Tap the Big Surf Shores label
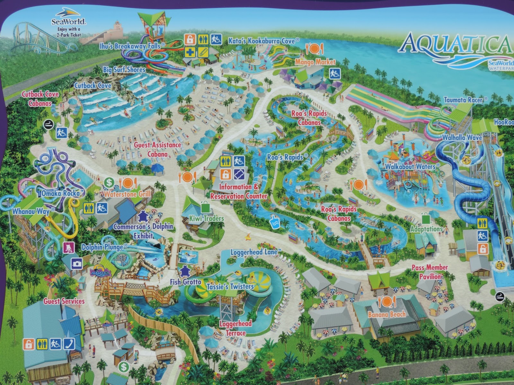click(124, 70)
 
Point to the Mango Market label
click(315, 62)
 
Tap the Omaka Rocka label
click(60, 193)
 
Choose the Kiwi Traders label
click(207, 218)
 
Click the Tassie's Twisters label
click(230, 287)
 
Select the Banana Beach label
click(387, 314)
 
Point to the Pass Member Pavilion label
click(430, 272)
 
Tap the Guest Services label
click(64, 301)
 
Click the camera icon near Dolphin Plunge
click(77, 264)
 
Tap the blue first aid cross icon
click(190, 52)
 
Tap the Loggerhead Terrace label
click(235, 328)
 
